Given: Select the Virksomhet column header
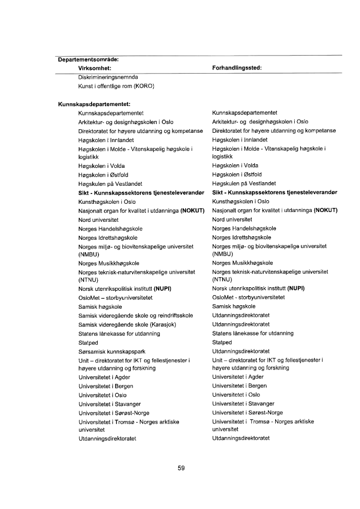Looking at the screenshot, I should coord(95,68).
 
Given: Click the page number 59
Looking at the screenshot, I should coord(180,468).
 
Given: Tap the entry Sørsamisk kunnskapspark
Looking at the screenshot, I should coord(111,350).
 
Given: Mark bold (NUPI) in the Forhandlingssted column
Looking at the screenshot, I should coord(296,288).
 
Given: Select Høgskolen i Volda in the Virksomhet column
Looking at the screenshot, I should coord(101,166).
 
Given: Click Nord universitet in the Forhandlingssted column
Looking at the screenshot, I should coord(232,219).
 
